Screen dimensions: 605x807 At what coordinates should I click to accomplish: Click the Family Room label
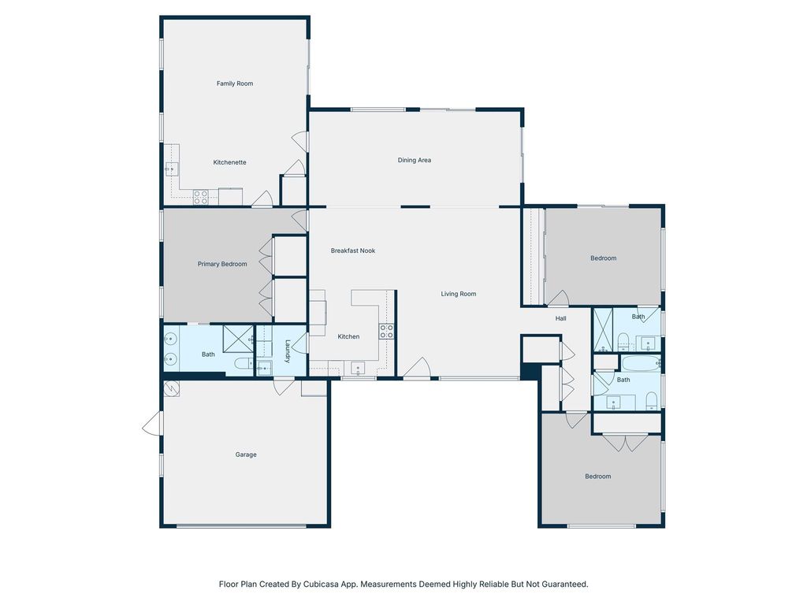pyautogui.click(x=235, y=84)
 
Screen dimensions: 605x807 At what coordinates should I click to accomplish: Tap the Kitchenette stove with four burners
pyautogui.click(x=201, y=197)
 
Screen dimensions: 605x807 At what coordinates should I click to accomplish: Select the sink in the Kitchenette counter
pyautogui.click(x=170, y=169)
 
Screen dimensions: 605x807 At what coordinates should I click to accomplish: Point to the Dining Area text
pyautogui.click(x=414, y=161)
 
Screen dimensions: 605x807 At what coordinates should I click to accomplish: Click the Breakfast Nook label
pyautogui.click(x=352, y=251)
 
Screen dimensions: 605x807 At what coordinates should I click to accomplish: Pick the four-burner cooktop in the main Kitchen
pyautogui.click(x=386, y=332)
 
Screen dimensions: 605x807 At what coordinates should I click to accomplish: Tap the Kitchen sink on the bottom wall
pyautogui.click(x=358, y=369)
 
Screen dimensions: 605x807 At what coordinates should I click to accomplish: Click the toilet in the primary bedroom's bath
pyautogui.click(x=244, y=364)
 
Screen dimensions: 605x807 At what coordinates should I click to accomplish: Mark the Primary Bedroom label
pyautogui.click(x=222, y=265)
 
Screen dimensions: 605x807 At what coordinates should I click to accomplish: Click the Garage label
pyautogui.click(x=246, y=455)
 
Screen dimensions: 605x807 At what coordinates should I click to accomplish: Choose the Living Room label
pyautogui.click(x=458, y=295)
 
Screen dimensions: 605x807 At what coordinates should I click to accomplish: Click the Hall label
pyautogui.click(x=560, y=319)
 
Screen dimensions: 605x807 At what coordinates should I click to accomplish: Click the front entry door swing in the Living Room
pyautogui.click(x=418, y=369)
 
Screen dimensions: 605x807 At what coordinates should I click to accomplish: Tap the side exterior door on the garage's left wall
pyautogui.click(x=151, y=425)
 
